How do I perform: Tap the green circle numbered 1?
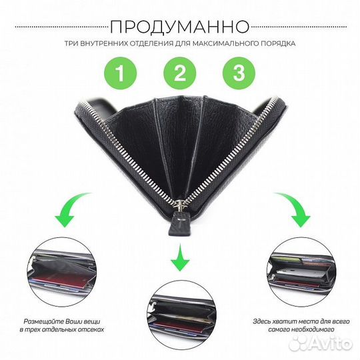pyautogui.click(x=121, y=74)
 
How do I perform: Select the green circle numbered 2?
pyautogui.click(x=179, y=74)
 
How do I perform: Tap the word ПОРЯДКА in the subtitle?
pyautogui.click(x=277, y=44)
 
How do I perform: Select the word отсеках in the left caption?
pyautogui.click(x=92, y=331)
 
